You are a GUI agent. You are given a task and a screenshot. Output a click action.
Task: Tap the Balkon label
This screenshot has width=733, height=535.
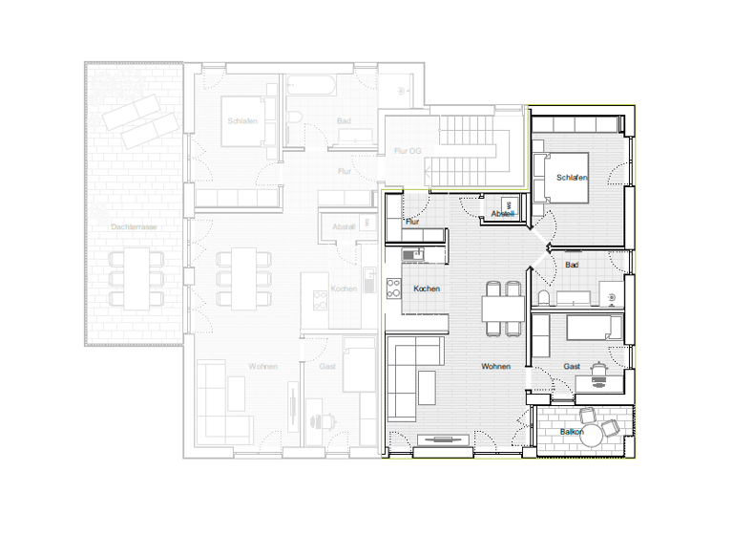click(572, 432)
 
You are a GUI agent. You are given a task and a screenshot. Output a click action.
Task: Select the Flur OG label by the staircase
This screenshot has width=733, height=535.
click(408, 151)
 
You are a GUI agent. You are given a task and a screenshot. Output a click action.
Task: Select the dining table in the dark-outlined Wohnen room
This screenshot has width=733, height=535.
click(503, 309)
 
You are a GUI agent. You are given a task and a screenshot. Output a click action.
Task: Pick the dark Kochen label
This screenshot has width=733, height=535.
click(427, 289)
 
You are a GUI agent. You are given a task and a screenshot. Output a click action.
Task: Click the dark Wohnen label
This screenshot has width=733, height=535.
click(495, 367)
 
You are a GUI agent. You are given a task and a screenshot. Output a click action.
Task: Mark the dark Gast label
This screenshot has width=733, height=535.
click(572, 367)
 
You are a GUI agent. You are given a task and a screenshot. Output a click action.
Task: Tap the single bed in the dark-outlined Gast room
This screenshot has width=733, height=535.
click(596, 329)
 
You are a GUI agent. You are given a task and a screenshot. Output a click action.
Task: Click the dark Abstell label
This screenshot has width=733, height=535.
click(502, 214)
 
